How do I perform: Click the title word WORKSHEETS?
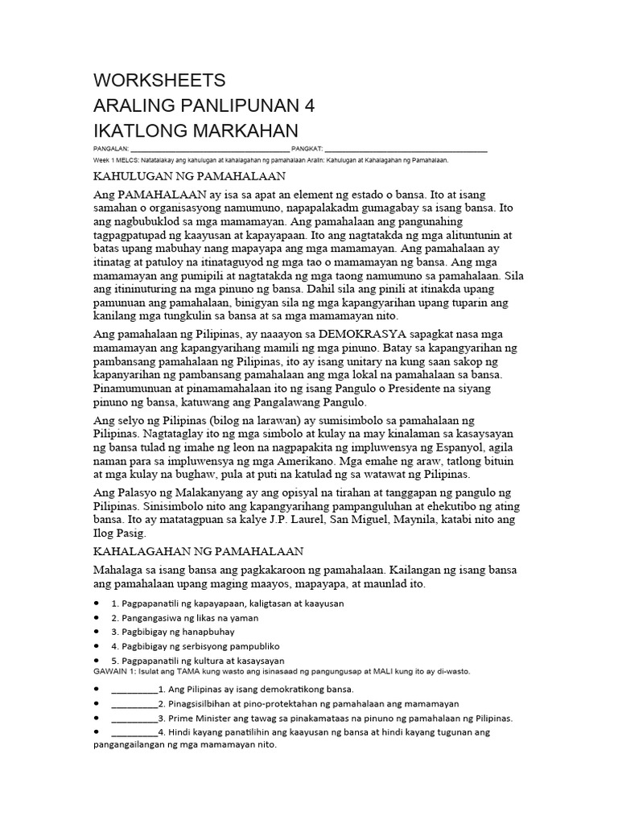coord(159,80)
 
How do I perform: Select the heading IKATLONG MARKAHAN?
coord(196,131)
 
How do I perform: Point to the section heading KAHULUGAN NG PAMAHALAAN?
coord(191,175)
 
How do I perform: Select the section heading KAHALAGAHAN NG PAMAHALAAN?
coord(199,550)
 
